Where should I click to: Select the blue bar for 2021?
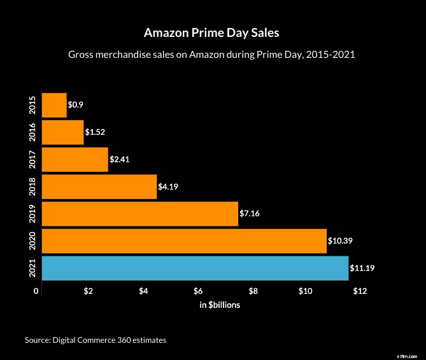(x=195, y=268)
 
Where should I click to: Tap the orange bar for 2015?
(x=54, y=105)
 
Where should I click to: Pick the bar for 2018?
(x=99, y=186)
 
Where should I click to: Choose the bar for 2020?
(x=184, y=241)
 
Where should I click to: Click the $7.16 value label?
(x=250, y=214)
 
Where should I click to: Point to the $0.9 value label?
(x=76, y=105)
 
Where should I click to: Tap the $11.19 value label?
(x=362, y=268)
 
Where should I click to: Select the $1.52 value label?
(x=95, y=132)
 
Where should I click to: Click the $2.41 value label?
(x=119, y=160)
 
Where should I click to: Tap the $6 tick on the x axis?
(x=199, y=291)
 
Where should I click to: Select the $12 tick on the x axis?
(x=360, y=291)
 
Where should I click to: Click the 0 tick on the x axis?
(x=37, y=291)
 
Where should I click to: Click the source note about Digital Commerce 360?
(x=96, y=340)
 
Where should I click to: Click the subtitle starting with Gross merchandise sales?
(x=211, y=55)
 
